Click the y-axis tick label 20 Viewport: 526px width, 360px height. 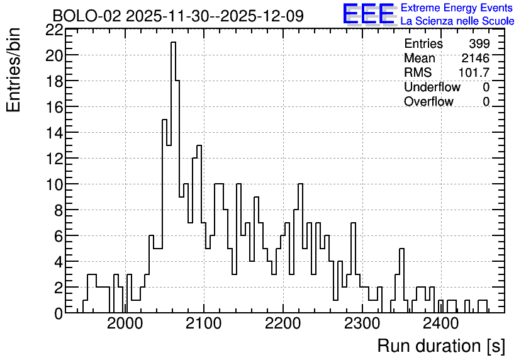click(x=54, y=55)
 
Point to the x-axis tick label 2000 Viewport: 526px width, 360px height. click(x=125, y=323)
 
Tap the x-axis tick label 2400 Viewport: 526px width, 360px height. click(x=440, y=323)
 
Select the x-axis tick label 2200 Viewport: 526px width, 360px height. click(x=283, y=323)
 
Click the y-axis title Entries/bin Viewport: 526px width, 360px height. click(x=13, y=70)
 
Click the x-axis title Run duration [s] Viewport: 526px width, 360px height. click(x=441, y=346)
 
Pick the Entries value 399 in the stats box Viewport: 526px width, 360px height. click(x=479, y=43)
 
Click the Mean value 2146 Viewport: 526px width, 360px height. click(x=475, y=58)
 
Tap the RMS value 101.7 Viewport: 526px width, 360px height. click(x=474, y=72)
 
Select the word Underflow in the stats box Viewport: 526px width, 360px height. click(x=432, y=87)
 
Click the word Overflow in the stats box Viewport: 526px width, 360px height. click(x=428, y=101)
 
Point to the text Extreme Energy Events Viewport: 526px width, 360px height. click(x=457, y=8)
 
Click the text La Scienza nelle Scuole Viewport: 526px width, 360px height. click(x=457, y=21)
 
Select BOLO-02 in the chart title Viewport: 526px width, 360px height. click(x=87, y=16)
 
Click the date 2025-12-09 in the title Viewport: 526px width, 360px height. click(x=262, y=16)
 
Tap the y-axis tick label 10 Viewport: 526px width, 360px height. click(x=54, y=184)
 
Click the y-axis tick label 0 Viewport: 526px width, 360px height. click(x=59, y=313)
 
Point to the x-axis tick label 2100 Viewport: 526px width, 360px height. click(x=204, y=323)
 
